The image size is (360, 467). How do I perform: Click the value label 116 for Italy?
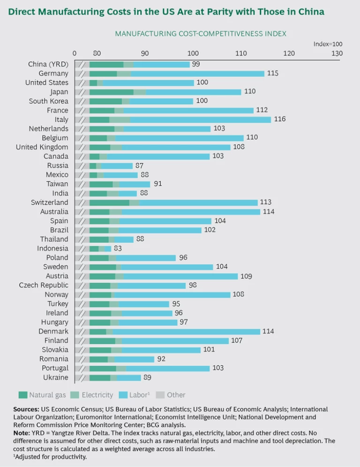pos(280,120)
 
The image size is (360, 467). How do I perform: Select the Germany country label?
pos(53,74)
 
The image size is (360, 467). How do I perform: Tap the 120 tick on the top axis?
pos(289,53)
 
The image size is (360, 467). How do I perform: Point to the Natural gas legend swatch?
pos(23,395)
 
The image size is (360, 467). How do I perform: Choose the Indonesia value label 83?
pos(118,249)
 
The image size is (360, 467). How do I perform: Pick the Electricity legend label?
pos(97,395)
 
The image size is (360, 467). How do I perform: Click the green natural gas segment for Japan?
pos(112,92)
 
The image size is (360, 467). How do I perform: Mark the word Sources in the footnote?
pos(26,409)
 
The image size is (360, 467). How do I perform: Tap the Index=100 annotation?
pos(328,44)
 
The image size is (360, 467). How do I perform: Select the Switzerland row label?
pos(49,203)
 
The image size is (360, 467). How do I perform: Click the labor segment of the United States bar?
pos(148,83)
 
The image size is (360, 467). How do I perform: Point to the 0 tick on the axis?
pos(75,53)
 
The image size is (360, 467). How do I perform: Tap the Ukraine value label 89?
pos(148,377)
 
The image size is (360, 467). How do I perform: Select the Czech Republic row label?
pos(44,285)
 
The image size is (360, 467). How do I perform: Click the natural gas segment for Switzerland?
pos(109,203)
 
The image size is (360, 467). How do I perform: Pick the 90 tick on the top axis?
pos(145,53)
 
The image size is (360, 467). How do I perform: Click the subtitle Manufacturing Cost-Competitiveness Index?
pos(201,33)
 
